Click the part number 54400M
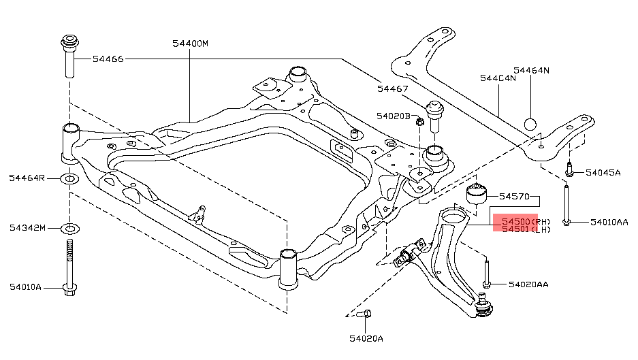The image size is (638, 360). tap(190, 43)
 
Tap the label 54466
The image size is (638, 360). tap(108, 59)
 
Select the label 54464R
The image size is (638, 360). tap(27, 178)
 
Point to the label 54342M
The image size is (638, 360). tap(27, 227)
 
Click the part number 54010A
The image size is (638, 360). tap(25, 287)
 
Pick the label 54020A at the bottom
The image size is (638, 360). tap(366, 338)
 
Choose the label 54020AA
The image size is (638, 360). tap(530, 283)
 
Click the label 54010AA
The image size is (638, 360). tap(609, 222)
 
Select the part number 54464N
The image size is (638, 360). tap(531, 70)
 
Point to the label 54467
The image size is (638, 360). tap(393, 88)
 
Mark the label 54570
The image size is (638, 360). tap(514, 196)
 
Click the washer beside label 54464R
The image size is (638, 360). tap(69, 179)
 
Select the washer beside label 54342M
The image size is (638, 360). tap(69, 228)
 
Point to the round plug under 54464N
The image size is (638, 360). tap(531, 125)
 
